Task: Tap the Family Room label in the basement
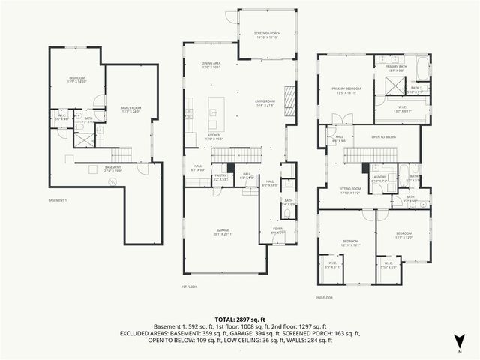pyautogui.click(x=131, y=109)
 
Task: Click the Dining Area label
pyautogui.click(x=211, y=64)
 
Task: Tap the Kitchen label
pyautogui.click(x=216, y=136)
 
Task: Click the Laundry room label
pyautogui.click(x=379, y=178)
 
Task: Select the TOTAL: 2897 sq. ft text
pyautogui.click(x=240, y=319)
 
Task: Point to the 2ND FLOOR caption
pyautogui.click(x=325, y=297)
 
